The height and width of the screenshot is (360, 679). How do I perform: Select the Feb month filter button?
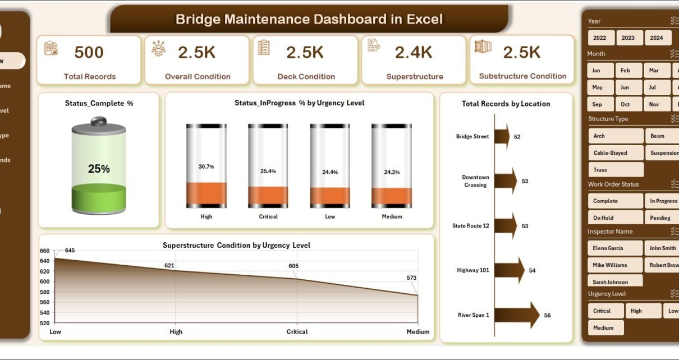coord(625,71)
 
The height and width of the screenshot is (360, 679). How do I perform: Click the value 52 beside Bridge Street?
coord(517,137)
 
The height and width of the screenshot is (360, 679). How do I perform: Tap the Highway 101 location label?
coord(473,270)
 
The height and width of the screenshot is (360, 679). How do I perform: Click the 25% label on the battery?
coord(99,169)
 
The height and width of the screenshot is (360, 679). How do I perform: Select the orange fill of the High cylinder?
coord(207,194)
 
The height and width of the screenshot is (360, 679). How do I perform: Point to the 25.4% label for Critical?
coord(268,171)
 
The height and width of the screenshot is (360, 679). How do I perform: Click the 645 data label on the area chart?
coord(70,250)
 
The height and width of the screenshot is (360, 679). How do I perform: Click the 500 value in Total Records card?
coord(89,53)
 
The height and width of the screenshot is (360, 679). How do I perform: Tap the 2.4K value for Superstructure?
coord(414,53)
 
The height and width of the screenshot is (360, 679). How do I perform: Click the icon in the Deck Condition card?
coord(264,48)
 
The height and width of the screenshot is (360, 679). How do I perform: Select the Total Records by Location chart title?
coord(506,104)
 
